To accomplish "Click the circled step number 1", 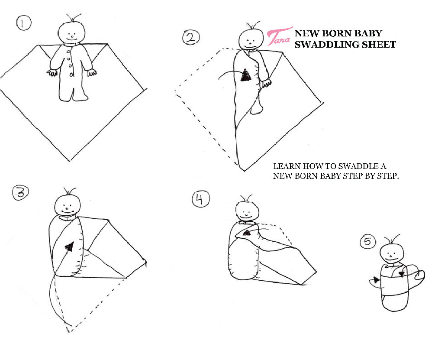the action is (x=24, y=23).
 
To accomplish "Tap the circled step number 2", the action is (x=191, y=37).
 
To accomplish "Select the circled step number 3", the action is (x=20, y=192).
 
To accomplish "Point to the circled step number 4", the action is (x=200, y=199).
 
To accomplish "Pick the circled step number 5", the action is (x=368, y=241).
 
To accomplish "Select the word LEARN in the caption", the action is (x=287, y=166).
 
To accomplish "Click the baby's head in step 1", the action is (x=71, y=32).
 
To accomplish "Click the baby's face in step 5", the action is (x=390, y=254).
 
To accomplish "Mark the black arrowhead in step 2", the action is (x=246, y=75).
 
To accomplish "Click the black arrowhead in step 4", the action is (x=247, y=233).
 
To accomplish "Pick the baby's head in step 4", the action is (x=247, y=212).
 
